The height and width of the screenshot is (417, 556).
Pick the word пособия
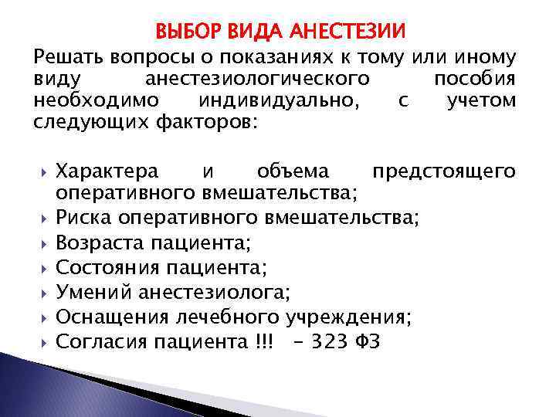point(475,80)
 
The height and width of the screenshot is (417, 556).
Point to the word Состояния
point(105,268)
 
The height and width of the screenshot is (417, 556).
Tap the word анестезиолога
point(215,292)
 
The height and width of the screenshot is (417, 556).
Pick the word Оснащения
point(108,317)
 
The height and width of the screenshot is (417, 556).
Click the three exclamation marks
point(263,341)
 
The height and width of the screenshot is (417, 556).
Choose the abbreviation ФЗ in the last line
point(367,341)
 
